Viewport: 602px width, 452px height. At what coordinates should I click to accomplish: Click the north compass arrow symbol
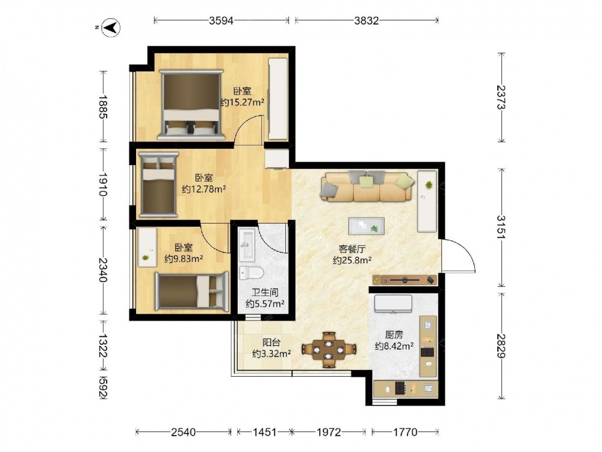(x=111, y=28)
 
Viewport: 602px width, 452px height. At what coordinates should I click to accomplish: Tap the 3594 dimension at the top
(x=221, y=20)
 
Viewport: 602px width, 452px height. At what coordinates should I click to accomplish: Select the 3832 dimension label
(x=366, y=20)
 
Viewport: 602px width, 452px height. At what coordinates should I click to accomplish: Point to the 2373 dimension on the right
(x=501, y=97)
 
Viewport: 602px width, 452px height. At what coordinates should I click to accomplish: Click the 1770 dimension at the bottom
(x=405, y=432)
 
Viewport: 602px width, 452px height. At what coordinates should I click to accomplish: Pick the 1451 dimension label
(x=264, y=432)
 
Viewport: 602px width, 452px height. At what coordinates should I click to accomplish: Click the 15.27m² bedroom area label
(x=242, y=102)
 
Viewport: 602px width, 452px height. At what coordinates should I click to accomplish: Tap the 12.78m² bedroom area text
(x=203, y=189)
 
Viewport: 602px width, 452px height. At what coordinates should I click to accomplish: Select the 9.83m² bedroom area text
(x=184, y=259)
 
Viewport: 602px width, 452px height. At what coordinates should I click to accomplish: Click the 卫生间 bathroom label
(x=265, y=292)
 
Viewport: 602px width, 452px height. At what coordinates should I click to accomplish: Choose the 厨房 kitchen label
(x=394, y=334)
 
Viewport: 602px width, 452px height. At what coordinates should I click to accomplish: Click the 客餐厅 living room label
(x=352, y=249)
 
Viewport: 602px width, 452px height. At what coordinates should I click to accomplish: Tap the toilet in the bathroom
(x=251, y=272)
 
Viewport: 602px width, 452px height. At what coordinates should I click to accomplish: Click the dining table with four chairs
(x=328, y=350)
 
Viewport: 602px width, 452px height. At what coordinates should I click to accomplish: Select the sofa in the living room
(x=368, y=186)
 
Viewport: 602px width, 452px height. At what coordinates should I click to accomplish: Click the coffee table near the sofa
(x=366, y=226)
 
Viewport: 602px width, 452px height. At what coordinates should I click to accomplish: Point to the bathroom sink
(x=246, y=245)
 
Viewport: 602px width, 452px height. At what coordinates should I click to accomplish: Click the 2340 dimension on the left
(x=102, y=269)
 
